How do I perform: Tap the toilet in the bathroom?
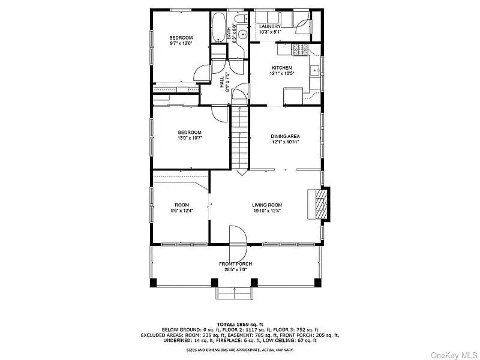point(241,20)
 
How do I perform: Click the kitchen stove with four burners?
point(298,49)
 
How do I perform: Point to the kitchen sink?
point(314,71)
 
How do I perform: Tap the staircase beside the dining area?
point(240,138)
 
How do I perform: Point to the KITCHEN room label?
point(282,68)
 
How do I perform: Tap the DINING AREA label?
point(285,136)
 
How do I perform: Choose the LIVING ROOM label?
point(266,205)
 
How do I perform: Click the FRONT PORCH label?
point(235,264)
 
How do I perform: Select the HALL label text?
point(221,82)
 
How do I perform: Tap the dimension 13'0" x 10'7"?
point(189,139)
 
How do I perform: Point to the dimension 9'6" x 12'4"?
point(182,211)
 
